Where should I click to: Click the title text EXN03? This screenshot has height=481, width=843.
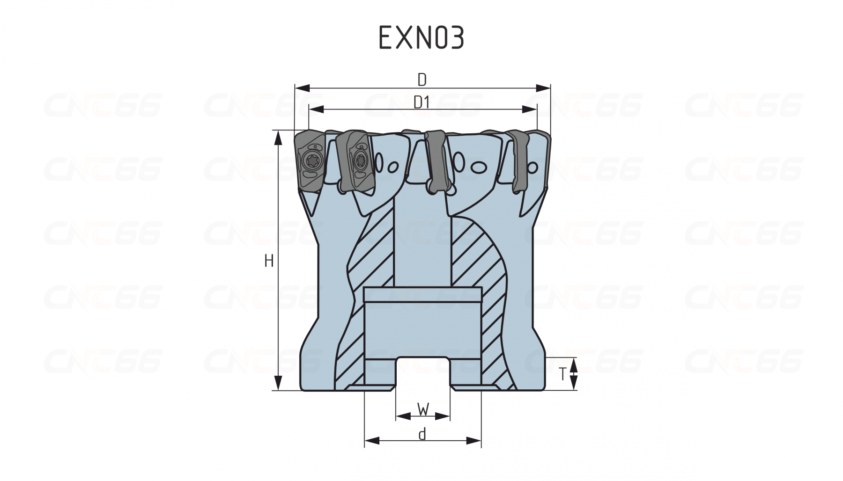(421, 37)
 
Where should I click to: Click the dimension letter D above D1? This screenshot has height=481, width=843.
(422, 80)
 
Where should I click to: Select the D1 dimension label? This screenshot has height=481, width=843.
(421, 102)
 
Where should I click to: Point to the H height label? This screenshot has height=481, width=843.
(269, 261)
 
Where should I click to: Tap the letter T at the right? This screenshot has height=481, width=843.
(563, 373)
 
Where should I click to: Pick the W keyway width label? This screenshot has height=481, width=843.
(423, 410)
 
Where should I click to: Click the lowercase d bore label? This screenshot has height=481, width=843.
(422, 434)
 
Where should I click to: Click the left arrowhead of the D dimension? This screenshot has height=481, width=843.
(303, 87)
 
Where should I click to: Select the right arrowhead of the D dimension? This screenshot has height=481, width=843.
(543, 87)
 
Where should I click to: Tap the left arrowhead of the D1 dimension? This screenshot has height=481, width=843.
(317, 109)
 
